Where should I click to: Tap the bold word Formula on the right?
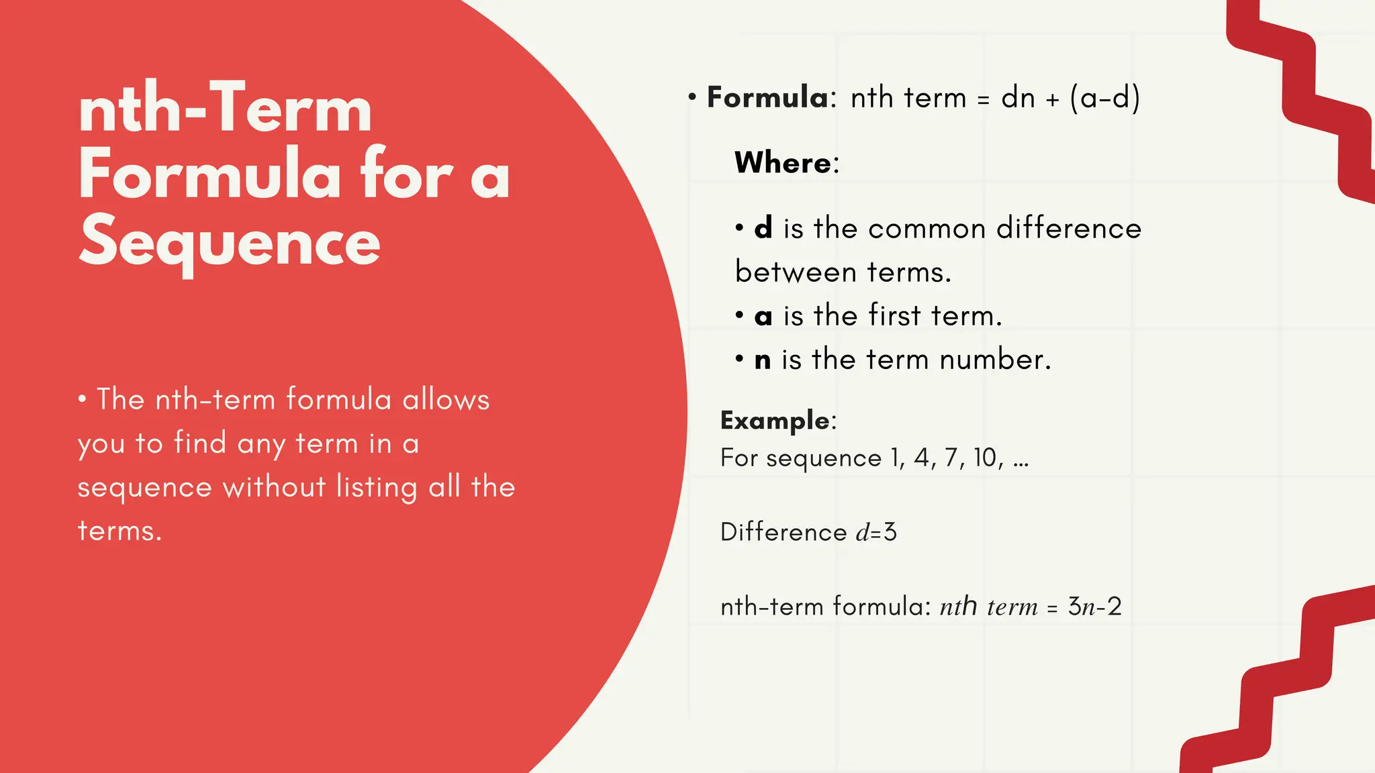(768, 98)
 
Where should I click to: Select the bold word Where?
(783, 163)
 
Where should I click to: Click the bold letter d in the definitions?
(763, 229)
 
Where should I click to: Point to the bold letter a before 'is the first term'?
(763, 317)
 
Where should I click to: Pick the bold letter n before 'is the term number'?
(763, 360)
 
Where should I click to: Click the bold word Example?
(775, 421)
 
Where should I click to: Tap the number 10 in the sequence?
(986, 458)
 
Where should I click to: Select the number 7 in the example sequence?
(951, 458)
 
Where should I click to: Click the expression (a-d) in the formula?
(1104, 99)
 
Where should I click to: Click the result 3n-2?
(1094, 607)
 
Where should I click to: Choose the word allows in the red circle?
(446, 400)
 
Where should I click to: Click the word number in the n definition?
(994, 360)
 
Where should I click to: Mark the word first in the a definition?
(894, 316)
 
